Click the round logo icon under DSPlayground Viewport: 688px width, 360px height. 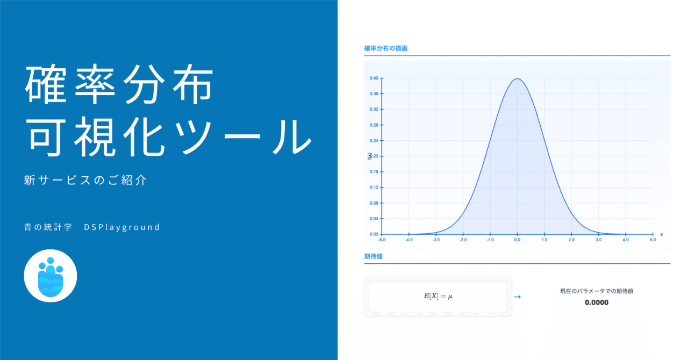[51, 276]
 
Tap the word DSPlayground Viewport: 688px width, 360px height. [122, 227]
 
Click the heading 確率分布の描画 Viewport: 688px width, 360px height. [386, 48]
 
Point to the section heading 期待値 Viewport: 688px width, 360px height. [373, 256]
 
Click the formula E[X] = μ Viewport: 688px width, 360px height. [438, 297]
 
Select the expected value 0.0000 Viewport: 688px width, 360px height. [597, 303]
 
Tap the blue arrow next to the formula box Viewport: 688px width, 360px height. [517, 297]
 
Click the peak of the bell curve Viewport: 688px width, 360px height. [517, 79]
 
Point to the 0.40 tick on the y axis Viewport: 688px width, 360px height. [374, 78]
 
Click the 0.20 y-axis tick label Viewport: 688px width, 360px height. [374, 156]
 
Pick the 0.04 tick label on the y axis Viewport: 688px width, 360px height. [374, 219]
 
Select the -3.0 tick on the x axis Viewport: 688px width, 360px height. [436, 240]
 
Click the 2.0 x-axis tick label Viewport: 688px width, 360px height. [571, 240]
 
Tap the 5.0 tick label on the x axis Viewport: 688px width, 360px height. [653, 240]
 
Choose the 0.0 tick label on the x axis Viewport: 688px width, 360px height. [517, 240]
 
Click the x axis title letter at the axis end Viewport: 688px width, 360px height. [661, 234]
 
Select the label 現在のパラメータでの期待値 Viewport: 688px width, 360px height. [597, 291]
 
